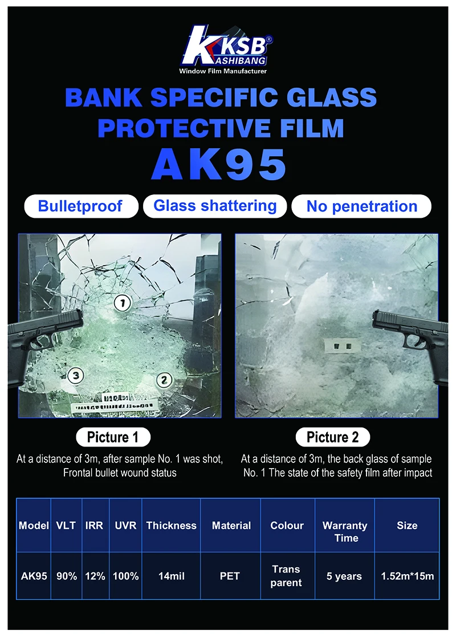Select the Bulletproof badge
pos(80,206)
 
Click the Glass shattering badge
pos(215,205)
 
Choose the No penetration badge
pos(361,206)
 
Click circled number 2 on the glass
pos(164,379)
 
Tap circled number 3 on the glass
pos(75,375)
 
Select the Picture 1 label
pos(113,437)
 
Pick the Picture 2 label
pos(333,437)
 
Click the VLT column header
pos(66,526)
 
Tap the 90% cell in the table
pos(66,576)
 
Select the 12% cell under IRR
pos(95,576)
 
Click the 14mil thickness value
pos(171,576)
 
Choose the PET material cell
pos(231,576)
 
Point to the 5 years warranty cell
pos(344,576)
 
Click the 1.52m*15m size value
pos(407,576)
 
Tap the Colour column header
pos(287,526)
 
